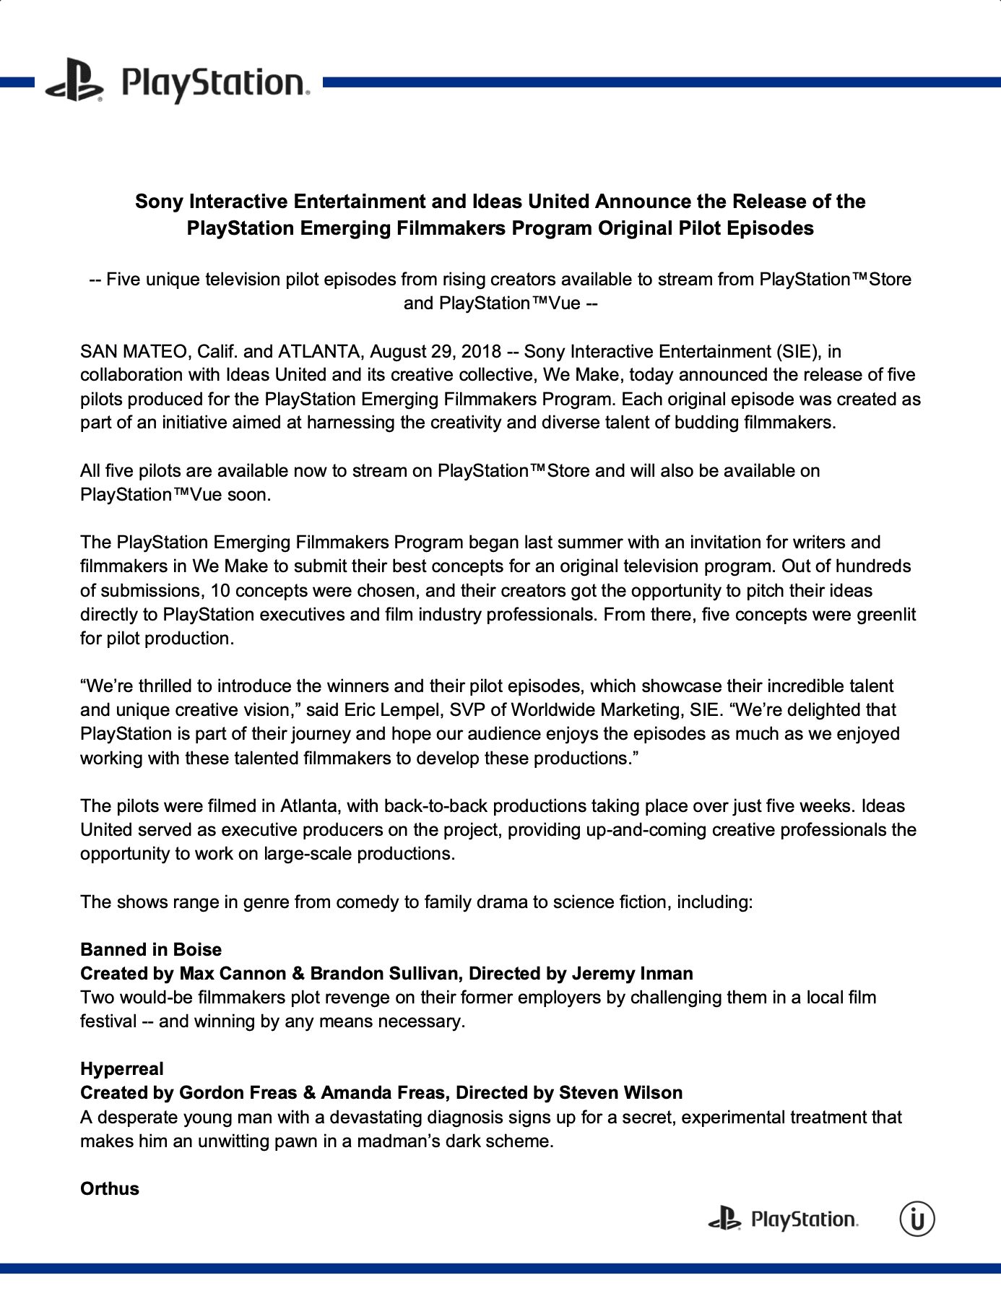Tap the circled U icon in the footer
tap(916, 1219)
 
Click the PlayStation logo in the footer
tap(783, 1219)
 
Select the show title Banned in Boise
tap(151, 949)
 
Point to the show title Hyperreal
tap(122, 1068)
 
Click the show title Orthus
tap(110, 1188)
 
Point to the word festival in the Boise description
tap(108, 1021)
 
